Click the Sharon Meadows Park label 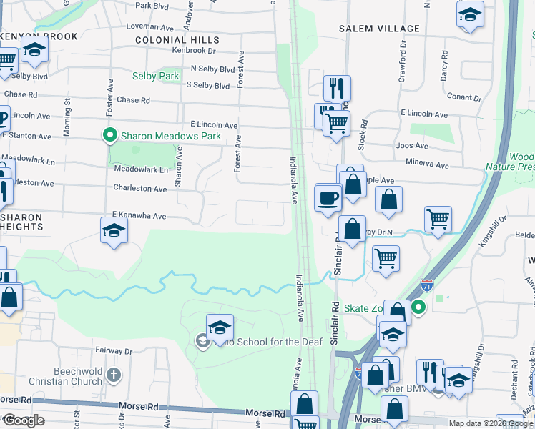point(170,136)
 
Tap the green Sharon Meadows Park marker point(110,134)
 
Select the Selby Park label point(155,76)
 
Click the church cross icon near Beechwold point(113,374)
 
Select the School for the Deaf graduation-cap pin point(220,327)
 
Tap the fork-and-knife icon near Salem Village point(337,88)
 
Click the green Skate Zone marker point(419,308)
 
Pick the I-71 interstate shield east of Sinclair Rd point(427,285)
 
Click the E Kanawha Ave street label point(139,215)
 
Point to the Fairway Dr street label point(114,351)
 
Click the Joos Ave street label point(406,145)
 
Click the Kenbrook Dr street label point(193,51)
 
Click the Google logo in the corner point(23,420)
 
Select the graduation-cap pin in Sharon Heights point(114,231)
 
